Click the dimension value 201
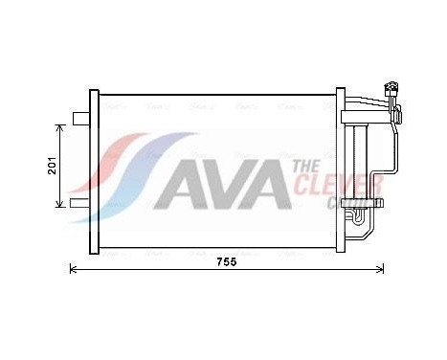(x=52, y=164)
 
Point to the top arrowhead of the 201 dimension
(x=60, y=127)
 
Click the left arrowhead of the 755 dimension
(x=75, y=271)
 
